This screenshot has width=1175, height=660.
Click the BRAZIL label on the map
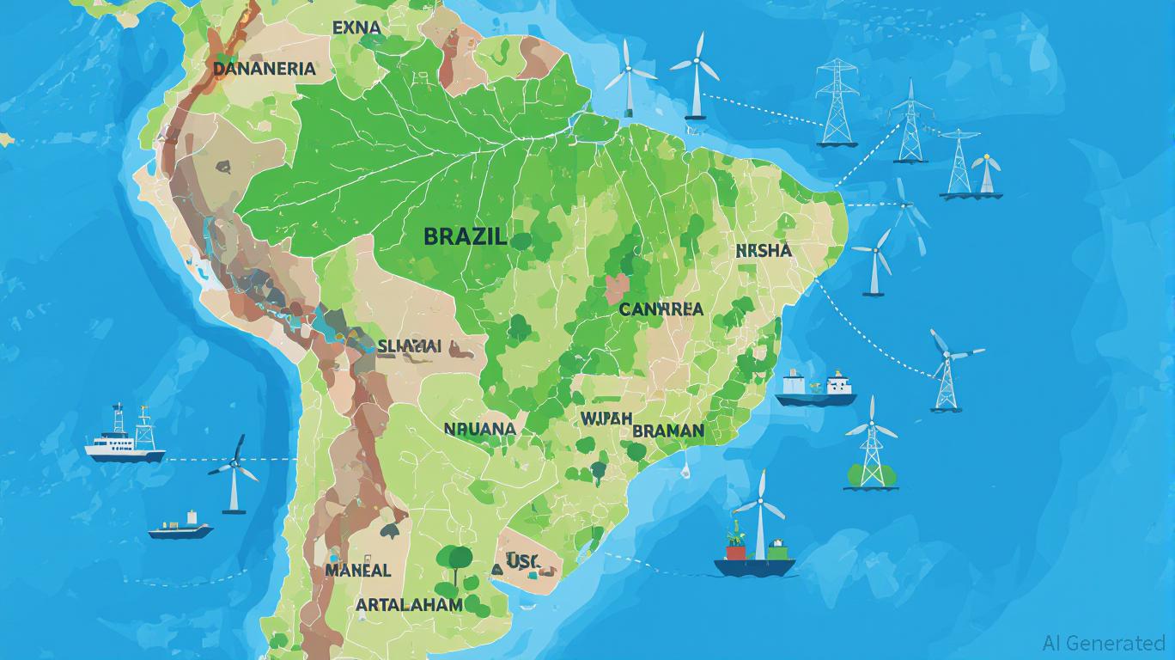pos(465,236)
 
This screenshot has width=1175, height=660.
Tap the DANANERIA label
pos(264,69)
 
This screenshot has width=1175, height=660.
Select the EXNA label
pos(356,27)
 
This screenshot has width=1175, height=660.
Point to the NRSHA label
pos(764,251)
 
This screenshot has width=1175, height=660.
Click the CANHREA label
pos(661,309)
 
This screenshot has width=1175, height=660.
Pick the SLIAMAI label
pos(409,346)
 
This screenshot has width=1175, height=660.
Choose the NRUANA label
pos(479,428)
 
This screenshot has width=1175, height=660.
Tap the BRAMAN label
pos(667,431)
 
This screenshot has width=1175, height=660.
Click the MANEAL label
pos(358,570)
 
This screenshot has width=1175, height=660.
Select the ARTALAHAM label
pos(409,604)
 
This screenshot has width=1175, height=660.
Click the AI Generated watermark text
pos(1103,643)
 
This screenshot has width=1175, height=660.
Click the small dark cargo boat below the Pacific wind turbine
pos(180,527)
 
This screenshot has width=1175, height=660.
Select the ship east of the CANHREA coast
pos(815,388)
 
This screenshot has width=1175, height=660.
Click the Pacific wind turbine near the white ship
pos(233,475)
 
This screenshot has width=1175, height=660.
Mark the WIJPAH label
pos(606,419)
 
